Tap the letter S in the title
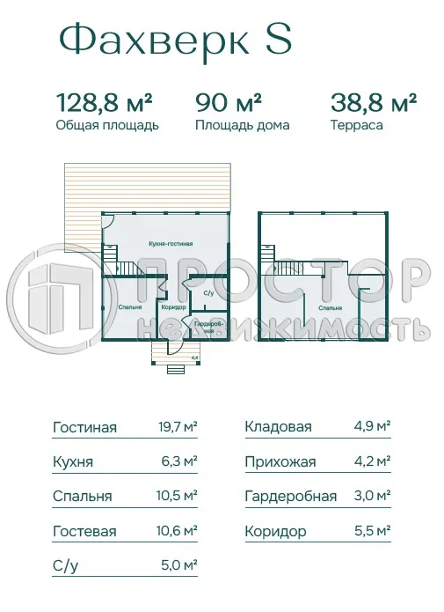click(279, 40)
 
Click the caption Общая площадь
click(106, 125)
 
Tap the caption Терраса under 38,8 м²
click(357, 125)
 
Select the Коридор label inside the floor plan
click(172, 307)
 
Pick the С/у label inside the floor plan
click(208, 292)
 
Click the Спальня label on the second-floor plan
click(331, 308)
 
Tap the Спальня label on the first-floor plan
click(130, 307)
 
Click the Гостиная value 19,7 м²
click(176, 428)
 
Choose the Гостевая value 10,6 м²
click(176, 532)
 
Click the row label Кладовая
click(278, 428)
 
